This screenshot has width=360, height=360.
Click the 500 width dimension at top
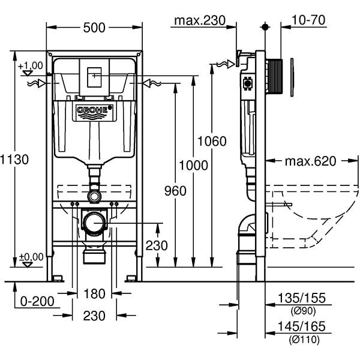[x=94, y=28]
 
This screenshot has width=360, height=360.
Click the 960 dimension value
[x=175, y=191]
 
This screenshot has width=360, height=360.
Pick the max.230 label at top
[x=199, y=20]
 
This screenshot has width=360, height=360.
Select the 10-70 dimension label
[x=308, y=20]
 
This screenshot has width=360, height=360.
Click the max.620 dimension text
[x=310, y=161]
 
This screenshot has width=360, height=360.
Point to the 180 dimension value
[x=94, y=293]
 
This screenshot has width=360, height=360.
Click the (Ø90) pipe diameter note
[x=303, y=311]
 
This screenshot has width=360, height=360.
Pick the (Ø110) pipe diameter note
[x=303, y=340]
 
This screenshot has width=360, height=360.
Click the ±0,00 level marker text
[x=31, y=257]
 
